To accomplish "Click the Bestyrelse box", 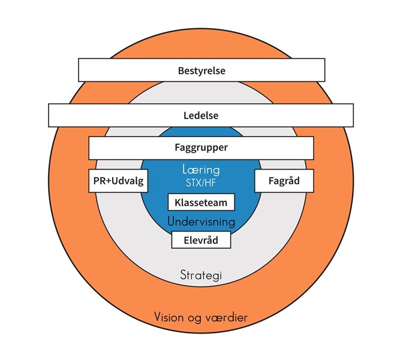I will pyautogui.click(x=201, y=71).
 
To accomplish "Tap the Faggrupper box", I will pyautogui.click(x=201, y=147).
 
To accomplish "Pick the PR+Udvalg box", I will pyautogui.click(x=119, y=180).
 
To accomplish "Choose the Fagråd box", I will pyautogui.click(x=285, y=180).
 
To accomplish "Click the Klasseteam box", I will pyautogui.click(x=201, y=202).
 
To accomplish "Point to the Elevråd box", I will pyautogui.click(x=201, y=240).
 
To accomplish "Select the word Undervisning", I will pyautogui.click(x=201, y=222).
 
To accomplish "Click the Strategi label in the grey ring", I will pyautogui.click(x=201, y=275).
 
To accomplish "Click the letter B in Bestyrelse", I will pyautogui.click(x=181, y=71).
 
